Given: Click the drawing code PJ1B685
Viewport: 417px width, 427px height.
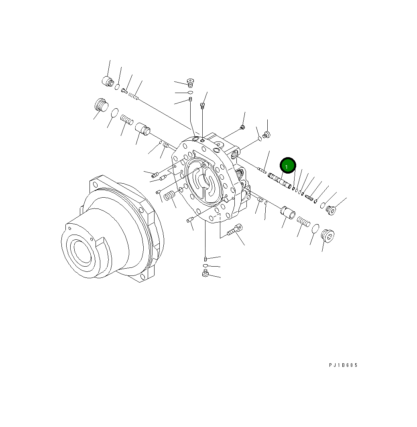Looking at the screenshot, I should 343,365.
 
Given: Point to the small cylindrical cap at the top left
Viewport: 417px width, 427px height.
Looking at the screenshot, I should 107,81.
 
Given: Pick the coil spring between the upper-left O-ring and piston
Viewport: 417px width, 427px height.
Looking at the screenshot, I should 127,119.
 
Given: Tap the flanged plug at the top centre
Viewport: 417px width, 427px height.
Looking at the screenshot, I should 190,83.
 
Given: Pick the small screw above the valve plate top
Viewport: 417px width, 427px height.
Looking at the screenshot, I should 202,106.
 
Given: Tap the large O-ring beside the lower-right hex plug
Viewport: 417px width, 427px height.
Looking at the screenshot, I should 315,229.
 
